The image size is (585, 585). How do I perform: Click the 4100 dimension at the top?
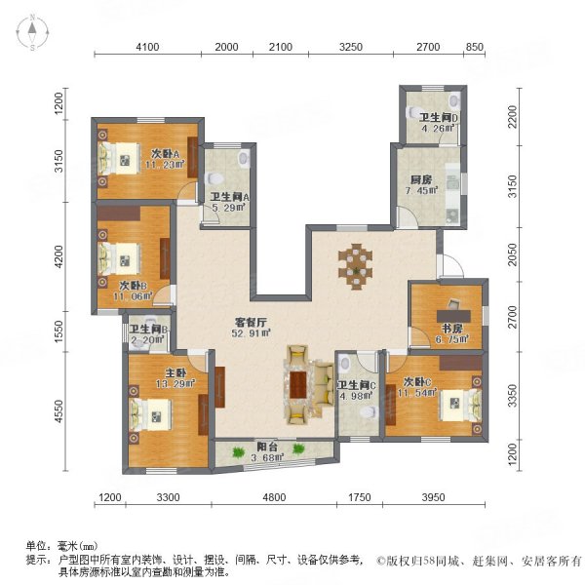click(147, 48)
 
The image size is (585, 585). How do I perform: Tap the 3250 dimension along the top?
click(350, 48)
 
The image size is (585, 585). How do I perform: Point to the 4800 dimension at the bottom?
click(273, 499)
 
